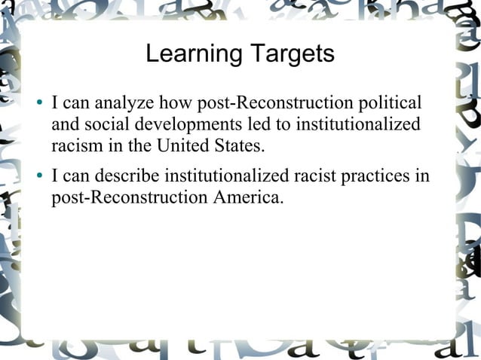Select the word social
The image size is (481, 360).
tap(99, 124)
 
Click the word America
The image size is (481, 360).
tap(244, 199)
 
